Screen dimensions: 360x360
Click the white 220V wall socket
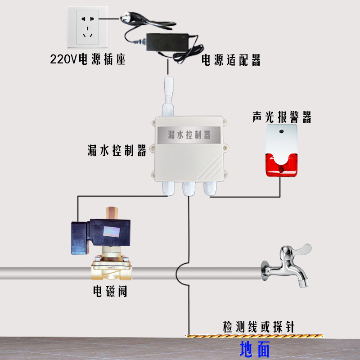[88, 28]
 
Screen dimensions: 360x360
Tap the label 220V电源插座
[87, 59]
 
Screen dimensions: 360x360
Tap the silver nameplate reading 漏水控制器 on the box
[189, 134]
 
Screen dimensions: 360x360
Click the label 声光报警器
[281, 117]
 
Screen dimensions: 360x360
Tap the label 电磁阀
[110, 292]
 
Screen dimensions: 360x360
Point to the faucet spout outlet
[302, 283]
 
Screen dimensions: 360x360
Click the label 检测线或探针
[258, 327]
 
